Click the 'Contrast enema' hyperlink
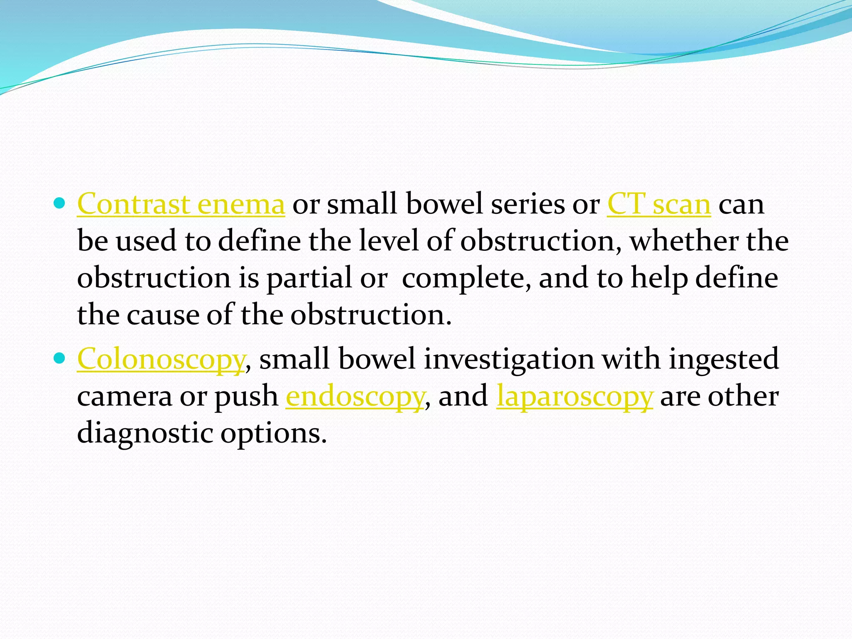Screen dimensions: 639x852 181,204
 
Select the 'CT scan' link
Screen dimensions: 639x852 659,204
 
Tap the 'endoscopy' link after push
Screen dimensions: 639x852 355,396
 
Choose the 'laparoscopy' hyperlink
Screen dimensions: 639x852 575,396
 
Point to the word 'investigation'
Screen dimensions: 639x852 509,359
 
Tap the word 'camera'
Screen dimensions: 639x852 124,396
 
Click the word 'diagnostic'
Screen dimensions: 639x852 144,433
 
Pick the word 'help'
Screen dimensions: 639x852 659,278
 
